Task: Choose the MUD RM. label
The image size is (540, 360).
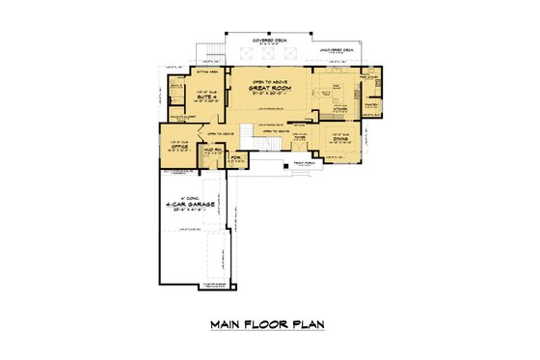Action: coord(210,151)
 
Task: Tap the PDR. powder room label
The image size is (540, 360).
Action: coord(234,156)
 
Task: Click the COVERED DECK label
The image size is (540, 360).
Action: coord(272,41)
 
